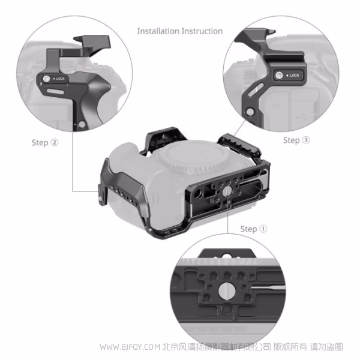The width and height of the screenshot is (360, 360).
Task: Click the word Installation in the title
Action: click(158, 31)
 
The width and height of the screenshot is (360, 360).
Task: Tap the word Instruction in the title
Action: click(201, 31)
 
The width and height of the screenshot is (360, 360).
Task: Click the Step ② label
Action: click(45, 143)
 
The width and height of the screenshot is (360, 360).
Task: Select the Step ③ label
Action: click(296, 140)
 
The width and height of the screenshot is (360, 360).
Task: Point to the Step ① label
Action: click(253, 229)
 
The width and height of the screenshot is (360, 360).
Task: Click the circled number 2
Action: click(55, 143)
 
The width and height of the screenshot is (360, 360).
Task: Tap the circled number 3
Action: click(306, 140)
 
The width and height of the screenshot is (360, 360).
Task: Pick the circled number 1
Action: click(263, 229)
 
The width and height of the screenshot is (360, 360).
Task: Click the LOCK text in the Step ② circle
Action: click(62, 79)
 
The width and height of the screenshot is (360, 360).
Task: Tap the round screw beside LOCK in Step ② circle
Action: click(47, 79)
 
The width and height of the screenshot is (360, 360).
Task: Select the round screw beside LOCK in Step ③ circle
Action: click(278, 76)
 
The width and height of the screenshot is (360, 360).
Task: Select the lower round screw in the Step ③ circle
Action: click(250, 112)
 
